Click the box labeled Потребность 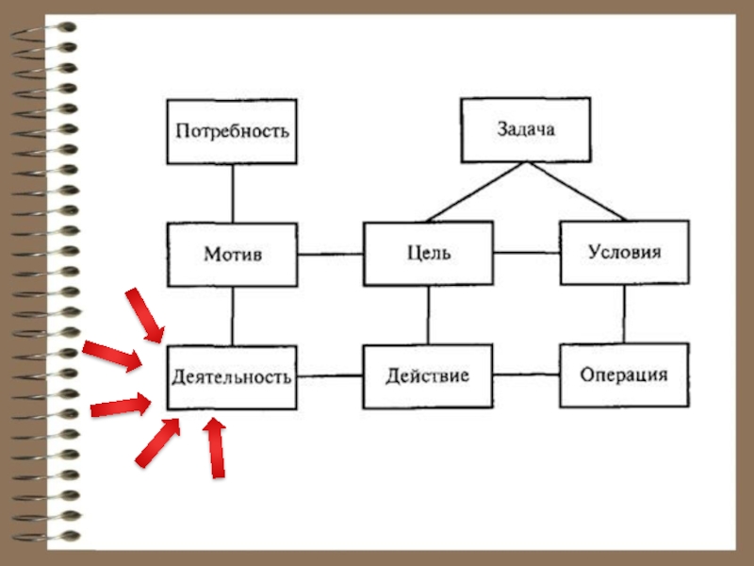(x=232, y=130)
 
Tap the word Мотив (x=232, y=254)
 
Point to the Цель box (x=428, y=253)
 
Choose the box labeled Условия (x=624, y=253)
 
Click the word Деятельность (x=232, y=376)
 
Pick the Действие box (x=428, y=375)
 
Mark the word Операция (x=624, y=375)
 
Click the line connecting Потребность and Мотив (x=232, y=192)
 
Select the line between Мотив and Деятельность (x=232, y=315)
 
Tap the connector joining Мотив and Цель (x=331, y=253)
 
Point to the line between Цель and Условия (x=526, y=253)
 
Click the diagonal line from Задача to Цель (x=476, y=192)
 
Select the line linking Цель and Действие (x=428, y=314)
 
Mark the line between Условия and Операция (x=624, y=314)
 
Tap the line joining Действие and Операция (x=526, y=375)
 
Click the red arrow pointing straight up (x=217, y=447)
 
